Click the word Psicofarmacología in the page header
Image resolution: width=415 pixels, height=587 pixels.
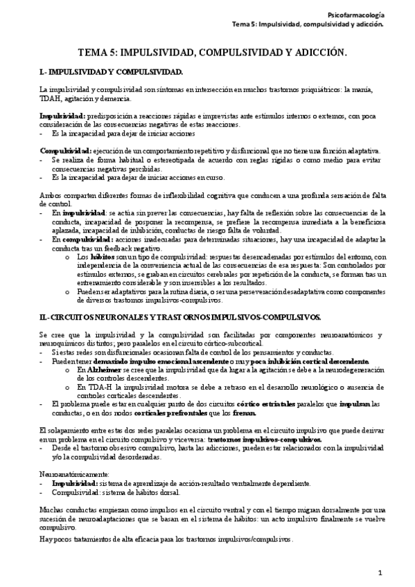point(355,13)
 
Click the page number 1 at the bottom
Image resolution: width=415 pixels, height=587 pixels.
point(380,572)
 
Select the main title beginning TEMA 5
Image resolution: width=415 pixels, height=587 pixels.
point(212,52)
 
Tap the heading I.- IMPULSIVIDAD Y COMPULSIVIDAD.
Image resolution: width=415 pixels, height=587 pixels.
point(111,71)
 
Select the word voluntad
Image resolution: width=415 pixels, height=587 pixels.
point(267,231)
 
